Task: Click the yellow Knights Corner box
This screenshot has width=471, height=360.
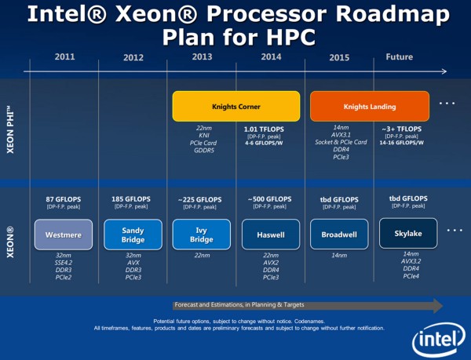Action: (235, 106)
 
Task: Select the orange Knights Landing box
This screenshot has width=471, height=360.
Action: (369, 106)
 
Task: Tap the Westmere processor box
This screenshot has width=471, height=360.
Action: (64, 234)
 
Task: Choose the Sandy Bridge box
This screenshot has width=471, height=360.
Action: (133, 234)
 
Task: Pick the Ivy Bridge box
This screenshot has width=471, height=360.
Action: (201, 234)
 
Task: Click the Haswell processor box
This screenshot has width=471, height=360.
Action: (270, 234)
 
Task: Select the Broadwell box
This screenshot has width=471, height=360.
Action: (339, 234)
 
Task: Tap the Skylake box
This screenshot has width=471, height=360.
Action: (407, 234)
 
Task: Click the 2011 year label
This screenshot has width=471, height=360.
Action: (64, 56)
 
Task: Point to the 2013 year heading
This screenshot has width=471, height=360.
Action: (203, 56)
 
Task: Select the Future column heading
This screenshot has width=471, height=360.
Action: (400, 56)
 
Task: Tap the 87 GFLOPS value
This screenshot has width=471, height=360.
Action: (64, 199)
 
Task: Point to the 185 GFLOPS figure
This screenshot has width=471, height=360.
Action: (133, 199)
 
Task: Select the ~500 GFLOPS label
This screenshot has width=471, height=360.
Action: (270, 199)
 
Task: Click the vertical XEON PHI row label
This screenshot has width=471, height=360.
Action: (11, 122)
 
